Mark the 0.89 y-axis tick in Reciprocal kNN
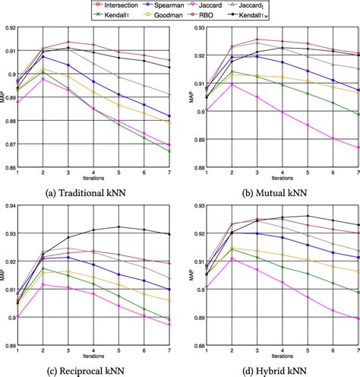(9, 346)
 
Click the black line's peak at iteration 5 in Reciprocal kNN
(118, 227)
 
